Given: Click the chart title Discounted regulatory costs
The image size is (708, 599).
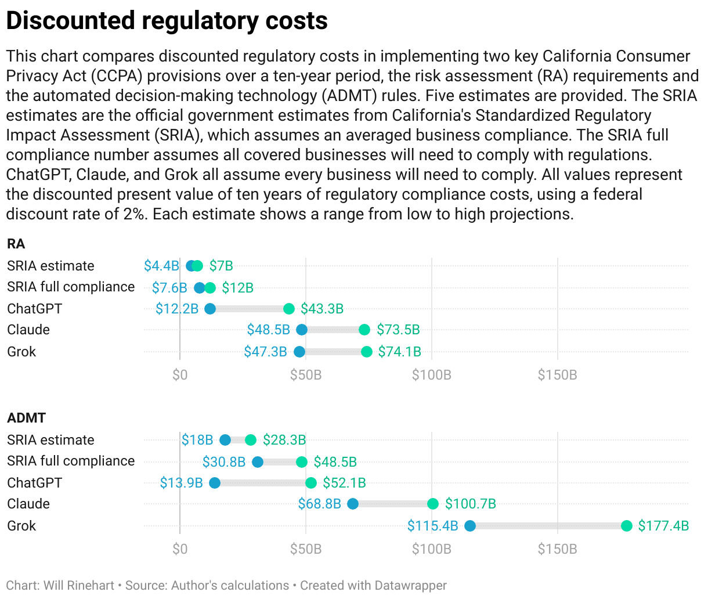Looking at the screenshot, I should pyautogui.click(x=167, y=21).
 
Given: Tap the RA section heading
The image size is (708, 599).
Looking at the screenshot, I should pyautogui.click(x=16, y=244).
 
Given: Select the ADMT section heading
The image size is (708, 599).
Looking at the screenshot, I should pyautogui.click(x=26, y=418).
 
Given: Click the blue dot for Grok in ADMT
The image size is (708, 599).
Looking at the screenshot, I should pyautogui.click(x=470, y=526).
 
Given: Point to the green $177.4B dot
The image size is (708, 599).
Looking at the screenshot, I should pyautogui.click(x=627, y=526).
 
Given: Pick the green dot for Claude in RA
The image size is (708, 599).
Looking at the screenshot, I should pyautogui.click(x=364, y=330).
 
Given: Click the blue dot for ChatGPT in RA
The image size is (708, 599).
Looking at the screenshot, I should pyautogui.click(x=210, y=309).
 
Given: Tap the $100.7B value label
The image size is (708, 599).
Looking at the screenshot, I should pyautogui.click(x=470, y=504).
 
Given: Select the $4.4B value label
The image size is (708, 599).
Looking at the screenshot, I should pyautogui.click(x=161, y=266).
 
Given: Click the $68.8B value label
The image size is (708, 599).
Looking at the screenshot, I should pyautogui.click(x=319, y=504).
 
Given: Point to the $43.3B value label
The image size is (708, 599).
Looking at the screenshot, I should pyautogui.click(x=322, y=309).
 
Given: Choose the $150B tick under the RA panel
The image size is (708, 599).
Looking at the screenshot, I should pyautogui.click(x=557, y=375).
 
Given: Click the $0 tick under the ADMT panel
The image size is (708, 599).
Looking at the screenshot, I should pyautogui.click(x=180, y=549).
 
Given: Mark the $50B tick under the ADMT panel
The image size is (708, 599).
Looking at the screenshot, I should pyautogui.click(x=306, y=549).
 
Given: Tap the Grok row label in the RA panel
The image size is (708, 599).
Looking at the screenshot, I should pyautogui.click(x=21, y=352).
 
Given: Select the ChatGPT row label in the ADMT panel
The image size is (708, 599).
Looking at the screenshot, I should pyautogui.click(x=34, y=483).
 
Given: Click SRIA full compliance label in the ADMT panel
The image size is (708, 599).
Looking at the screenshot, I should pyautogui.click(x=71, y=461).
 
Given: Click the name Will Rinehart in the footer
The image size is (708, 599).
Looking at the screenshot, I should pyautogui.click(x=78, y=586).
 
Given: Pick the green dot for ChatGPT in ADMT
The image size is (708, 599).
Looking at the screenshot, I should pyautogui.click(x=311, y=483).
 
